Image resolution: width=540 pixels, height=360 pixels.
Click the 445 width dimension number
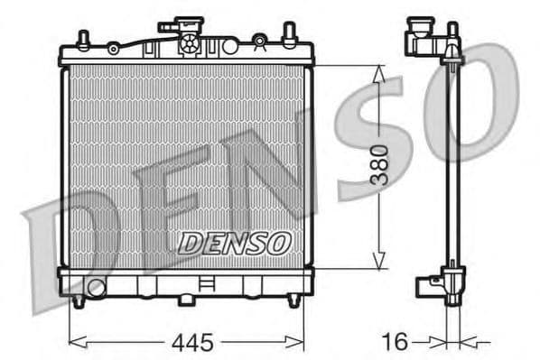point(192,342)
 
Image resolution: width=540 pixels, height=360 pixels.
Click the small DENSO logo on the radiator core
point(234,243)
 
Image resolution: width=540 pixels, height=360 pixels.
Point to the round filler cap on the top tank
point(191,42)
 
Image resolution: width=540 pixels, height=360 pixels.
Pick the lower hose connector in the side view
point(426,287)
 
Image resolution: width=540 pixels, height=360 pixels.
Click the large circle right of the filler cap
point(259,41)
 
